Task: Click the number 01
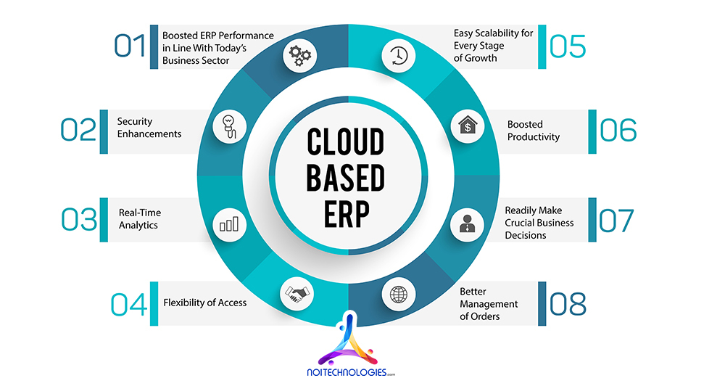click(x=130, y=45)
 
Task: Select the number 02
click(x=78, y=130)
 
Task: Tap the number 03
click(x=78, y=219)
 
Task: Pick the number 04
click(x=128, y=303)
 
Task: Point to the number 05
click(x=567, y=45)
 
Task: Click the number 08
click(x=567, y=303)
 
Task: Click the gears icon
click(x=299, y=56)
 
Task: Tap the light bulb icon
click(x=228, y=128)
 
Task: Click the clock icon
click(x=398, y=56)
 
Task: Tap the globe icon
click(x=399, y=294)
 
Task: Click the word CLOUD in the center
click(x=345, y=143)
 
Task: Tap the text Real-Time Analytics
click(x=140, y=218)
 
